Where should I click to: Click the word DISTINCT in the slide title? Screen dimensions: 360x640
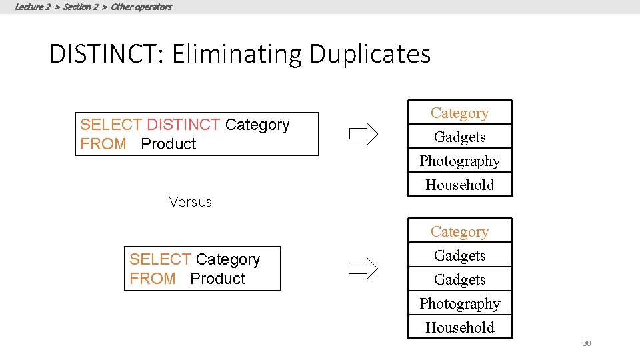click(x=106, y=54)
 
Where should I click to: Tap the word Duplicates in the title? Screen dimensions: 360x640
click(x=370, y=54)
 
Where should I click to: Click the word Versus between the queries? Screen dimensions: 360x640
click(x=191, y=202)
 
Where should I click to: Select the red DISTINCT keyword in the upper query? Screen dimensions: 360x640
click(x=183, y=125)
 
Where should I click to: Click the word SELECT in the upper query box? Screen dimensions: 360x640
click(x=111, y=125)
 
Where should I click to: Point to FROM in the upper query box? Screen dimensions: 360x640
click(x=103, y=144)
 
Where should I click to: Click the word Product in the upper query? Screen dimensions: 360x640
click(x=169, y=144)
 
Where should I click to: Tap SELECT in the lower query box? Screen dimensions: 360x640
click(x=160, y=259)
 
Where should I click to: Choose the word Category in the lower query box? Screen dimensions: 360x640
click(x=228, y=259)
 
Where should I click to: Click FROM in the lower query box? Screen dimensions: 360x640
click(x=153, y=279)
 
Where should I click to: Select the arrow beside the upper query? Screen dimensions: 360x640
click(x=363, y=134)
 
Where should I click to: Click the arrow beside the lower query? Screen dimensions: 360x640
click(x=363, y=269)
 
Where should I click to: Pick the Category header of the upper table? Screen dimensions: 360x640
click(x=460, y=113)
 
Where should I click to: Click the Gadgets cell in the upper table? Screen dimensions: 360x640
click(x=460, y=137)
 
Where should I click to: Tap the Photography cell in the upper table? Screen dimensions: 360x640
click(x=460, y=161)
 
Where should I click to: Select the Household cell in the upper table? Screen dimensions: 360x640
click(x=460, y=185)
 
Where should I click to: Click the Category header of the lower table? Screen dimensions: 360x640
click(x=460, y=232)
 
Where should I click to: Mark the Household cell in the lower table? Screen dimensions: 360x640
click(x=460, y=328)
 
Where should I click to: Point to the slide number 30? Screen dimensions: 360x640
click(x=587, y=344)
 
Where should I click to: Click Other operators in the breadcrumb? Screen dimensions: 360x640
click(x=141, y=7)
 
